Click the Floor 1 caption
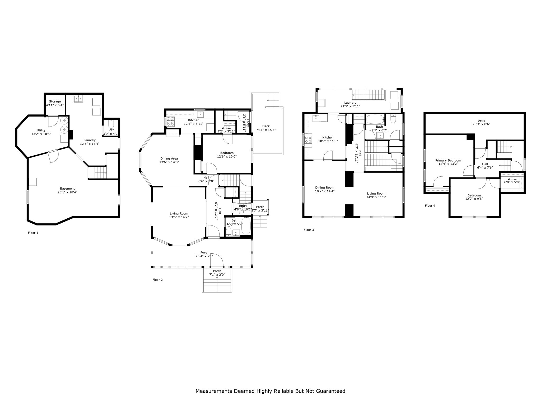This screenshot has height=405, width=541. coord(33,233)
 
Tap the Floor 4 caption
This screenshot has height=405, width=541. coord(430,206)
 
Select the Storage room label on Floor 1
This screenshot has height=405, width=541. coord(55,102)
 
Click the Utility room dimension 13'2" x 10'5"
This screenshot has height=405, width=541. coord(41,134)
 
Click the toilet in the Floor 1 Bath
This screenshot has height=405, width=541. coord(111,124)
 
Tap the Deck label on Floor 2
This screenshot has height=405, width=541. coord(266,126)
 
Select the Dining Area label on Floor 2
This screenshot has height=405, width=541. coord(169,158)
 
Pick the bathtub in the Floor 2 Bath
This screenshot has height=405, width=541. coord(246,225)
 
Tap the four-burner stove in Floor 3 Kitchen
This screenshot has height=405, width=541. coord(308,139)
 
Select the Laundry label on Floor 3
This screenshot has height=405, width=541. coord(350,103)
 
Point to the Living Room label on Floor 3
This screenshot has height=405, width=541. coord(376,193)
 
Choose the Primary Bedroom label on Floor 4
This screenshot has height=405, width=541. coord(448,160)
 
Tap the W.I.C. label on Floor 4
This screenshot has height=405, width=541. coord(512,179)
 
